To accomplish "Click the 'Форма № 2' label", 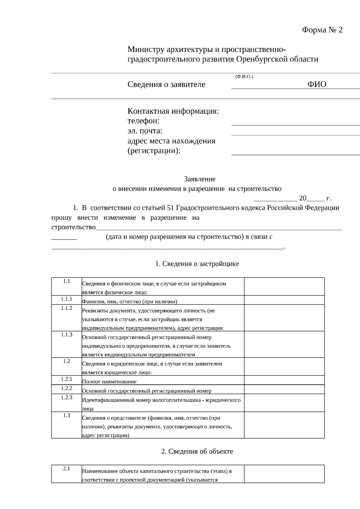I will coord(322,30).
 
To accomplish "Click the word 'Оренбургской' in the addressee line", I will coord(262,59).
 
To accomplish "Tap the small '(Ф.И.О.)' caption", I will coord(244,77).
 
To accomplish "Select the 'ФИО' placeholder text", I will coord(317,84).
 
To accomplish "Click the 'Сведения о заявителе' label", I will coord(166,85).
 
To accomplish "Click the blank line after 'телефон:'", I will coord(295,122).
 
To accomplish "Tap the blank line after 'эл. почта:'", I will coord(295,132).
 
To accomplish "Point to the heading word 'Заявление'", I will coord(199,179).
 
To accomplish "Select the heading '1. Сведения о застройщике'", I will coord(197,264).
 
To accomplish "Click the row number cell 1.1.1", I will coord(67,299).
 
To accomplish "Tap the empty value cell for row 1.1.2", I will coord(284,318).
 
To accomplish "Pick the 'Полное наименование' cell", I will coord(109,382).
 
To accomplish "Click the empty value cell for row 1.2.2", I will coord(284,389).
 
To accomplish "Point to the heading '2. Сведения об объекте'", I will coord(197,451).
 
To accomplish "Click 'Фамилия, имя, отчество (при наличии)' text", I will coord(130,301).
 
